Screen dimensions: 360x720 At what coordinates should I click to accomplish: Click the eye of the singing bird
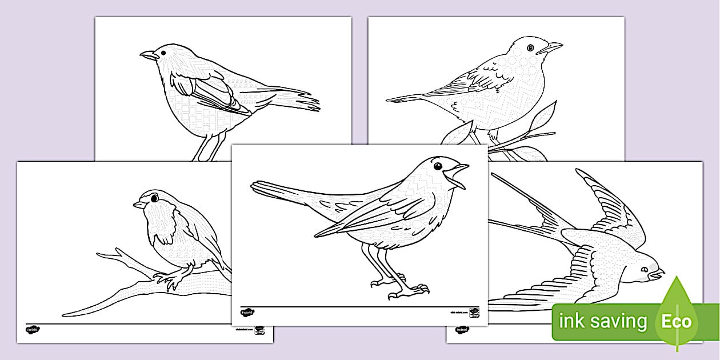click(x=438, y=166)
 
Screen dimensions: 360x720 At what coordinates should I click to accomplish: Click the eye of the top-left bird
click(x=163, y=51)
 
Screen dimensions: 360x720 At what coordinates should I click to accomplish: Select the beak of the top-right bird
click(x=553, y=47)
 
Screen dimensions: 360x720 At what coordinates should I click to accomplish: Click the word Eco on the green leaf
click(x=676, y=321)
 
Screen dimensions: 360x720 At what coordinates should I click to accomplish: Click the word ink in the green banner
click(x=571, y=321)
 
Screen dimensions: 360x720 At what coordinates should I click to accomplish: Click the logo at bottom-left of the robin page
click(x=31, y=330)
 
